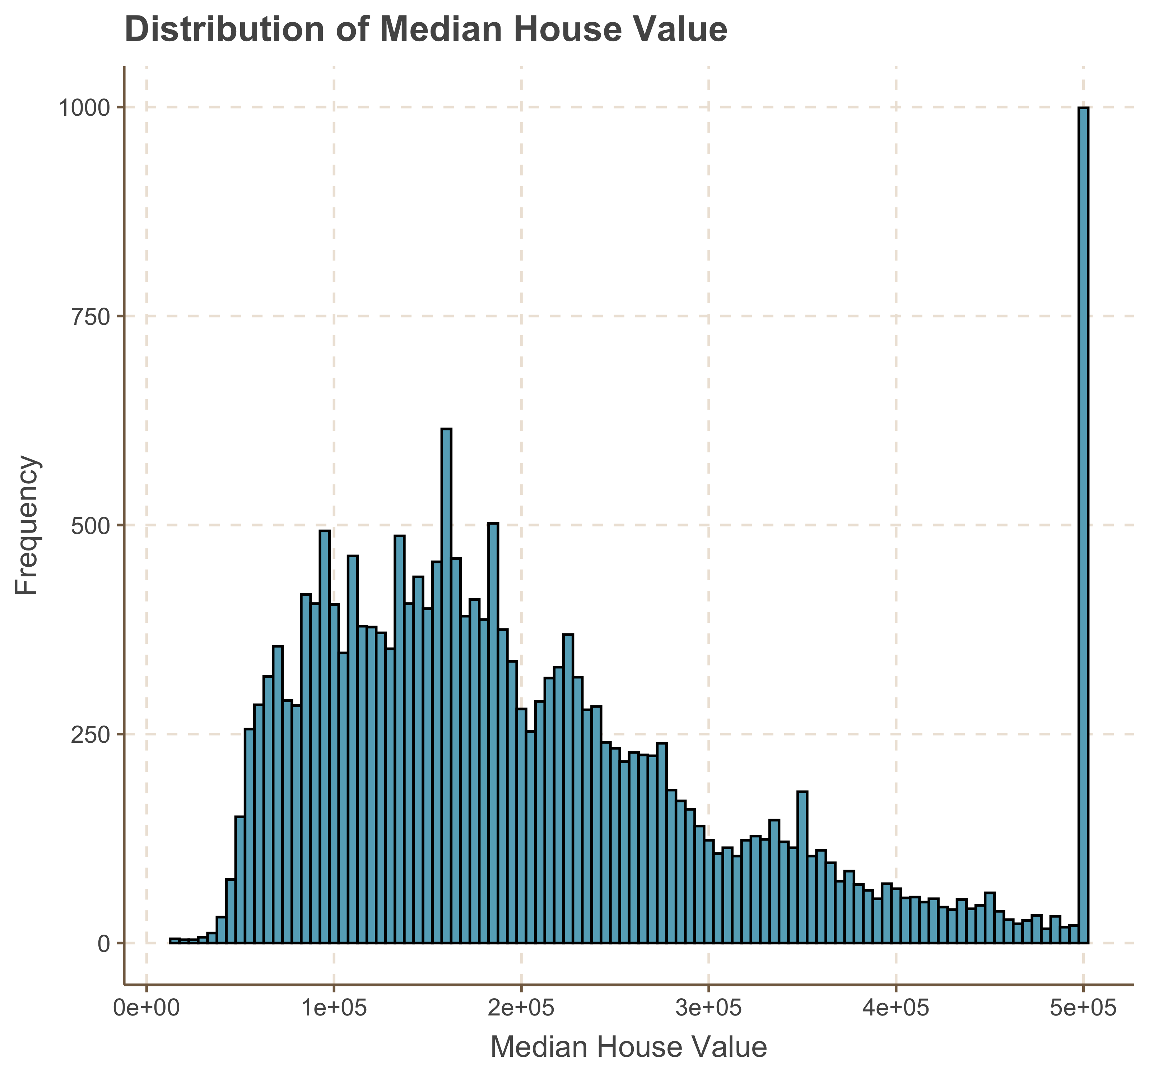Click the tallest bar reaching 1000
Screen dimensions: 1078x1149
1084,520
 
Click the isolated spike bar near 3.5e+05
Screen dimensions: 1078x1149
802,867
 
